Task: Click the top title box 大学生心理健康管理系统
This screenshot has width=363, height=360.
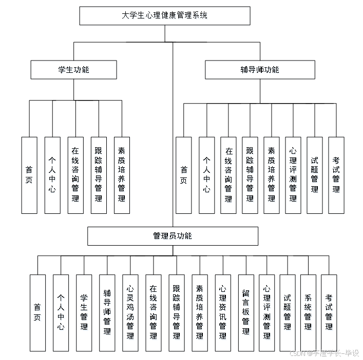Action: [165, 15]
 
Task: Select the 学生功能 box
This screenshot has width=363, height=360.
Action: [74, 69]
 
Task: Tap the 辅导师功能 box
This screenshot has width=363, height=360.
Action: [260, 69]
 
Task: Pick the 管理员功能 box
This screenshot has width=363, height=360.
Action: [173, 236]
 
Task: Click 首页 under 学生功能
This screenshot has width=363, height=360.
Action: [29, 175]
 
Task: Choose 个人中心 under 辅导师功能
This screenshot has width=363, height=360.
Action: [206, 175]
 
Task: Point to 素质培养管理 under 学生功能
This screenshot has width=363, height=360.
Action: [122, 175]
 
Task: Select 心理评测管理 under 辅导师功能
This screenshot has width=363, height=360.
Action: [293, 175]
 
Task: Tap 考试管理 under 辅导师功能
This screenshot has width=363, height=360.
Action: [336, 175]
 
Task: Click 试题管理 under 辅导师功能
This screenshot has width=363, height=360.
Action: [314, 175]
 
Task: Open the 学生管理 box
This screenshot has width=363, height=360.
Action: [84, 313]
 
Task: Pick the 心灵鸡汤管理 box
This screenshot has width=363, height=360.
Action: [130, 313]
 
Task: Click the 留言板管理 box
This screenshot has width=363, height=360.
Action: [246, 313]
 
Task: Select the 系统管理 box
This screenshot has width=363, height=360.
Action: [308, 313]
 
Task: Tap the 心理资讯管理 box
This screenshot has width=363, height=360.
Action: [223, 313]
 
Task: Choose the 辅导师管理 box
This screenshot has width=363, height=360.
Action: [107, 313]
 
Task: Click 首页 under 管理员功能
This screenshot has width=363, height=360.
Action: [37, 313]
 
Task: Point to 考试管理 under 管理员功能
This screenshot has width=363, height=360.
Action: [329, 313]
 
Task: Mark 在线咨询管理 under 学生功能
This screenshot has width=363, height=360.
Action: [75, 175]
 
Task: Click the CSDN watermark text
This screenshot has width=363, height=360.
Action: [324, 353]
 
